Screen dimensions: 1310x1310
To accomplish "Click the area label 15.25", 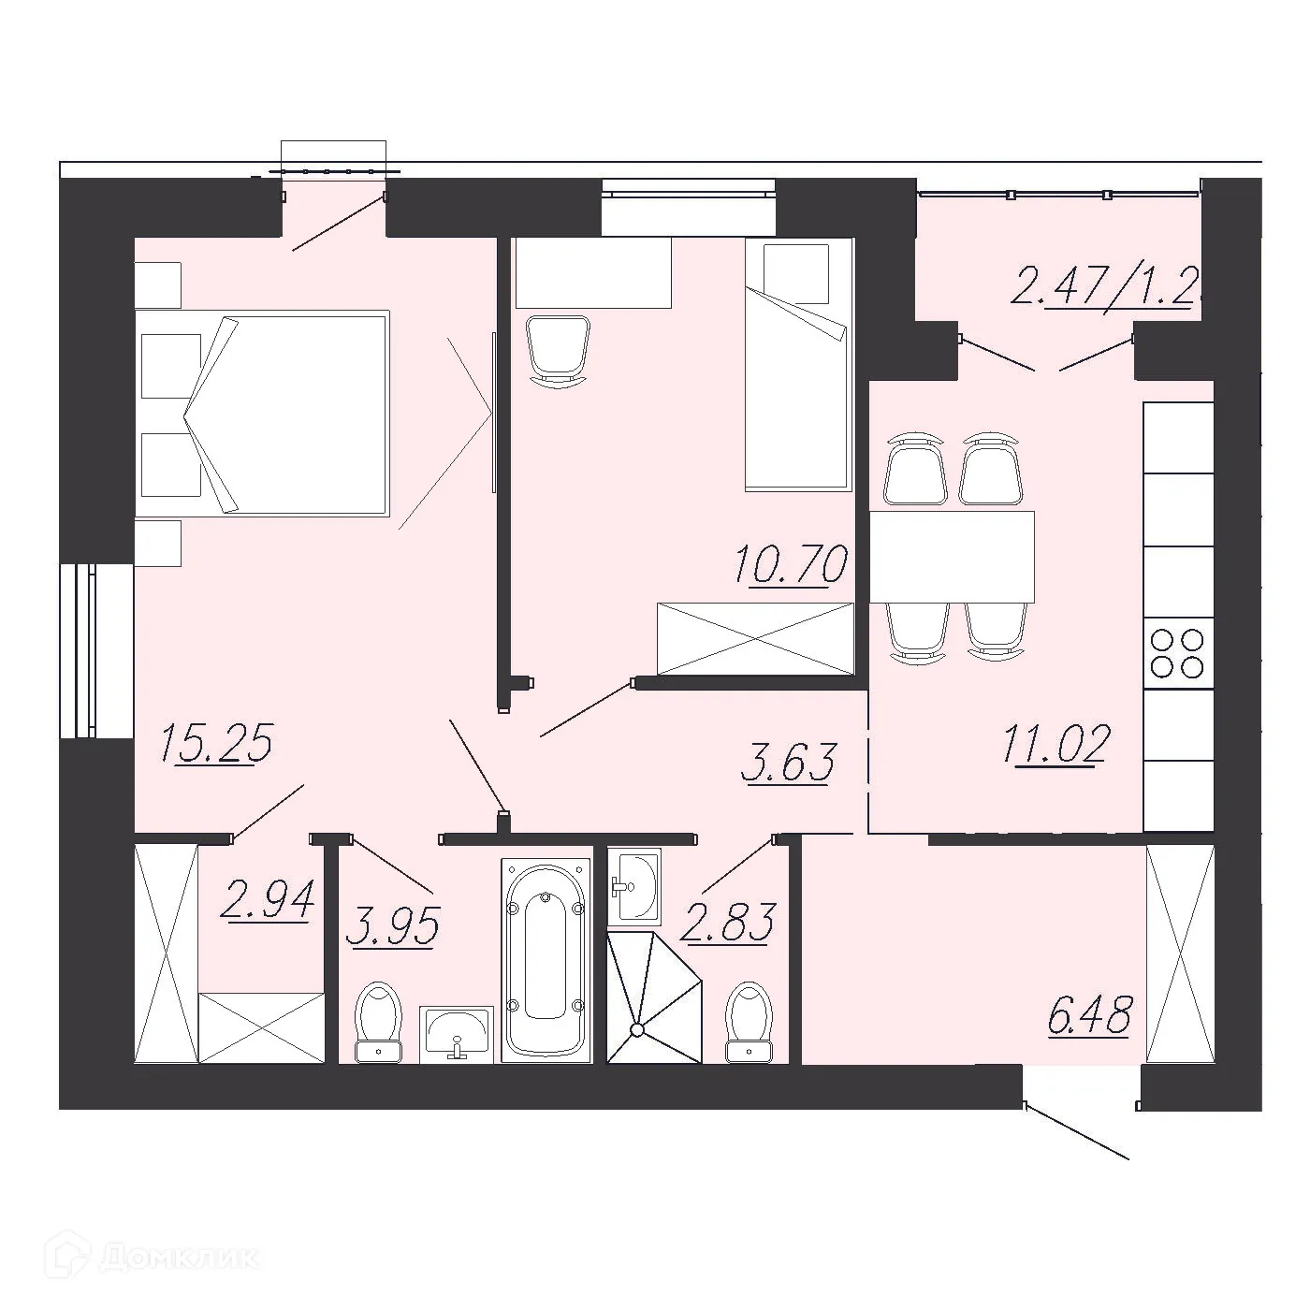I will pos(216,745).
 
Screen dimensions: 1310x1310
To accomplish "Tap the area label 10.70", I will pos(791,565).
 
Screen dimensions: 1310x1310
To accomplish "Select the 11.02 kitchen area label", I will pos(1055,745).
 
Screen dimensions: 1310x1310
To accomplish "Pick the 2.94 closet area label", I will pos(267,901).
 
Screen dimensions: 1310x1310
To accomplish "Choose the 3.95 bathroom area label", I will pos(391,927).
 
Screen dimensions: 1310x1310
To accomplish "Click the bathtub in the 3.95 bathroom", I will pos(546,959).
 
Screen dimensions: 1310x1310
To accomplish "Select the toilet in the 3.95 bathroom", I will pos(379,1022).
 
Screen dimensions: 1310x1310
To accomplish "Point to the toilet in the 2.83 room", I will pos(749,1021).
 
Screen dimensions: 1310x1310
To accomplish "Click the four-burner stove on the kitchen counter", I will pos(1177,653).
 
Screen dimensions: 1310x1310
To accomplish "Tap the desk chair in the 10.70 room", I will pos(558,350).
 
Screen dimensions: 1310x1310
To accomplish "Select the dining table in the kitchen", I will pos(952,557).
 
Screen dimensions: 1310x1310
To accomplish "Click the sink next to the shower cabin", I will pos(634,883).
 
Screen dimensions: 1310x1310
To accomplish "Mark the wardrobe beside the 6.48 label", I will pos(1179,953).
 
